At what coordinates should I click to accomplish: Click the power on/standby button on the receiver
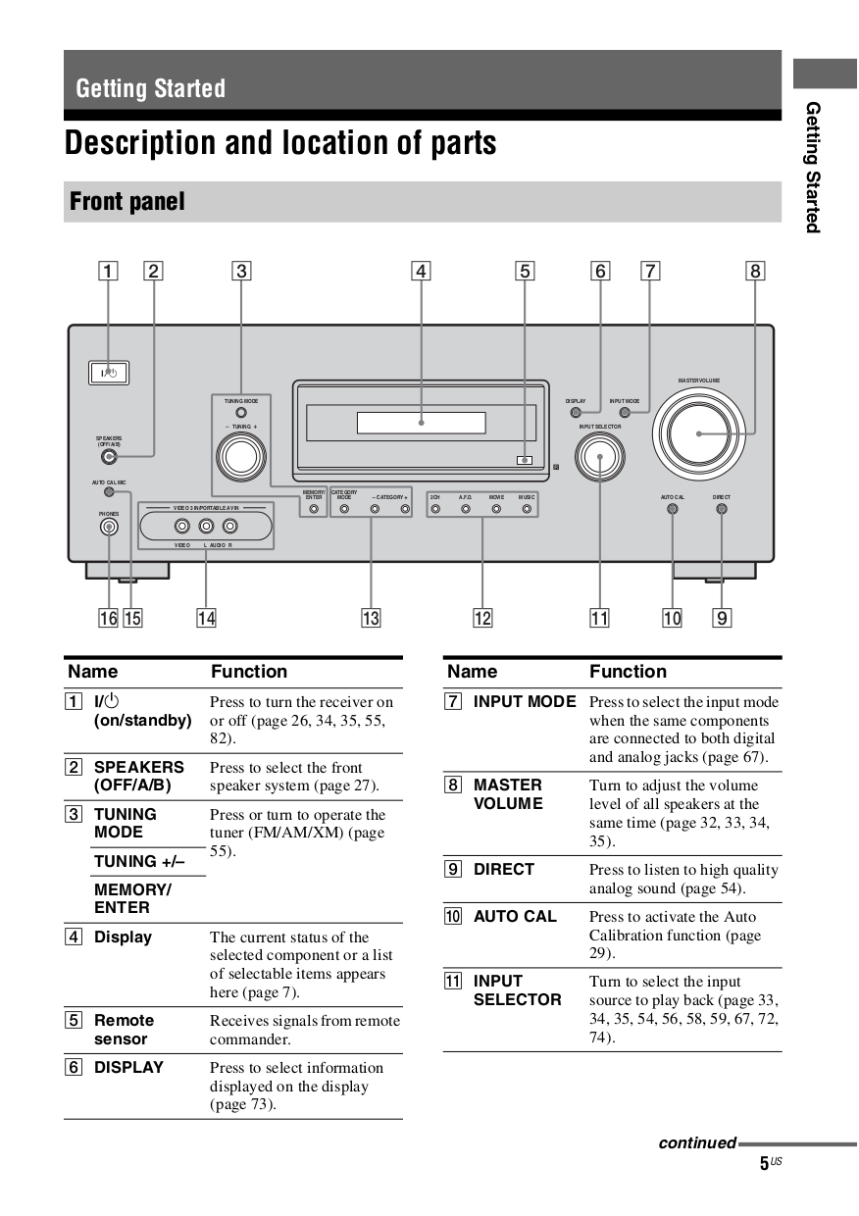(x=108, y=374)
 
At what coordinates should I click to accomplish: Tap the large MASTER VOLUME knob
(x=698, y=432)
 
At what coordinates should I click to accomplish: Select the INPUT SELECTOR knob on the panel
(x=599, y=456)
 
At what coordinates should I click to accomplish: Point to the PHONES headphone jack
(x=109, y=527)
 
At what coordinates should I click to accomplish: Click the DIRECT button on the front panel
(x=722, y=509)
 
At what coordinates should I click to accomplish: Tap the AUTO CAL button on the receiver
(x=673, y=509)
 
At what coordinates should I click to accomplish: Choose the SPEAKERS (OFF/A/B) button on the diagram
(x=109, y=456)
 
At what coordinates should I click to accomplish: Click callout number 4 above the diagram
(x=421, y=271)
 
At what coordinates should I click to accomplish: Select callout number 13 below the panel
(x=371, y=618)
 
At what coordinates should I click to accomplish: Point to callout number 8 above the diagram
(x=755, y=271)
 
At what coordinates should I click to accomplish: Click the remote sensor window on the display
(x=526, y=459)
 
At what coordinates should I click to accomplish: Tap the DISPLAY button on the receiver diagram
(x=576, y=413)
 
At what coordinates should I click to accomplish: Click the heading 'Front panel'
(x=127, y=202)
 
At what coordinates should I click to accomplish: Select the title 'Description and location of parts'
(x=280, y=143)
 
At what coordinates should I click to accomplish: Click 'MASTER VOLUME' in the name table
(x=508, y=794)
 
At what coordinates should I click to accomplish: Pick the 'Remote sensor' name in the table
(x=124, y=1030)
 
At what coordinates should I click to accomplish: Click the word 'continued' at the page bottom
(x=697, y=1142)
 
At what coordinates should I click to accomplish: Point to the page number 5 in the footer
(x=764, y=1164)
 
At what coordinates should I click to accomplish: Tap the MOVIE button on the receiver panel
(x=496, y=509)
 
